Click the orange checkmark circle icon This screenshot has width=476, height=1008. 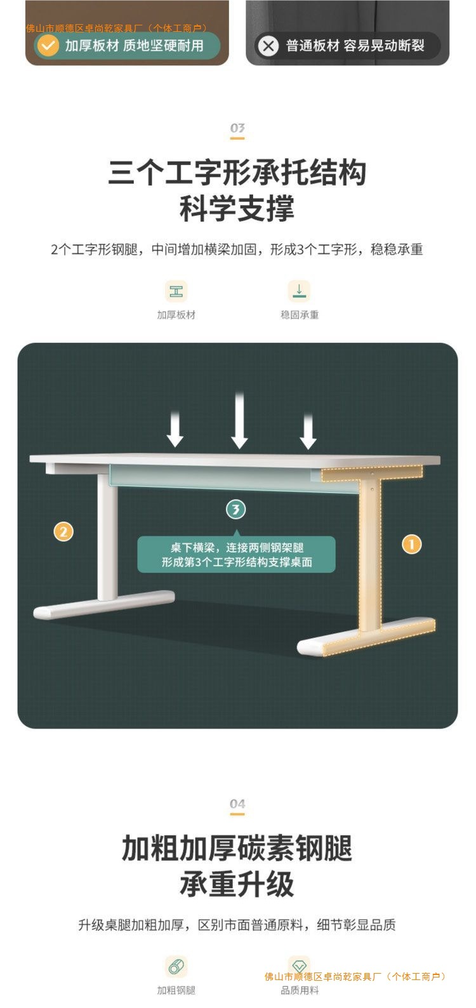[x=48, y=46]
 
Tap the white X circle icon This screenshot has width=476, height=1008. [x=268, y=46]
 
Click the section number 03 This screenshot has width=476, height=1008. [x=237, y=129]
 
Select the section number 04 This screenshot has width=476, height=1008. [x=237, y=804]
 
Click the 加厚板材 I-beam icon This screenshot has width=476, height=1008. [x=176, y=291]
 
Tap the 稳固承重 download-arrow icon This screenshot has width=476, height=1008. [x=300, y=291]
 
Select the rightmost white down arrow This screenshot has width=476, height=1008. [x=308, y=431]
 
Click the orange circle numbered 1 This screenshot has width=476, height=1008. [x=412, y=544]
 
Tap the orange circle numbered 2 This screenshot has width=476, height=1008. [x=63, y=531]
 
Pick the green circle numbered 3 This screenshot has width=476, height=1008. [x=236, y=509]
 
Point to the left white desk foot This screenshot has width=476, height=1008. [x=104, y=606]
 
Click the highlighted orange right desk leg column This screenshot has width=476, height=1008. [x=370, y=552]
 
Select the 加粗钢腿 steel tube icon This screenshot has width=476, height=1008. [x=176, y=967]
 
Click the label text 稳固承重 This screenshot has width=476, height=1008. [x=300, y=315]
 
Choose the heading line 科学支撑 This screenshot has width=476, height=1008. [x=237, y=209]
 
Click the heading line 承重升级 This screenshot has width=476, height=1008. [x=237, y=884]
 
